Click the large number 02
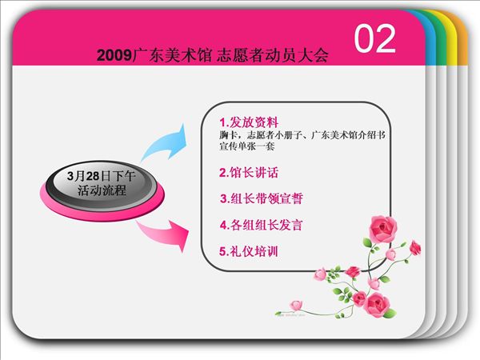pyautogui.click(x=375, y=38)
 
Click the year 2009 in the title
pyautogui.click(x=114, y=55)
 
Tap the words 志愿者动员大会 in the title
pyautogui.click(x=273, y=55)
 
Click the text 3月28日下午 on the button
pyautogui.click(x=102, y=176)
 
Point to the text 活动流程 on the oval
pyautogui.click(x=102, y=190)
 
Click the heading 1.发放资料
pyautogui.click(x=249, y=122)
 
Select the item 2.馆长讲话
pyautogui.click(x=249, y=173)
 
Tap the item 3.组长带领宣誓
pyautogui.click(x=262, y=198)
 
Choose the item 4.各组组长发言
pyautogui.click(x=262, y=225)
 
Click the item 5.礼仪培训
pyautogui.click(x=249, y=251)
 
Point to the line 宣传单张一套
pyautogui.click(x=246, y=146)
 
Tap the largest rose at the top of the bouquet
pyautogui.click(x=382, y=229)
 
